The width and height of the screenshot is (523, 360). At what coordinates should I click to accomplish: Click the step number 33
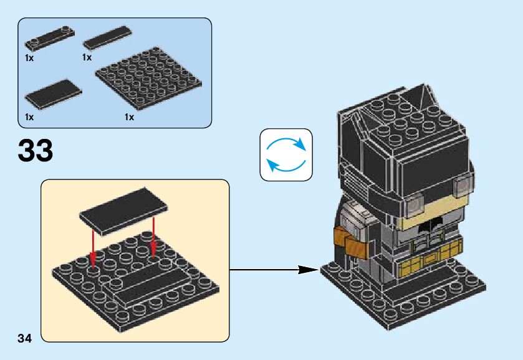(x=36, y=151)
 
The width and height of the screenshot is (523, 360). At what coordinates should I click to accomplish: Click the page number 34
(x=24, y=338)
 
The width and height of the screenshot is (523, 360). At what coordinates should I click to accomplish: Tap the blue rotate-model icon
(x=285, y=154)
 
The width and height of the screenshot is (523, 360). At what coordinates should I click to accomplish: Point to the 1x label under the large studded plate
(x=129, y=117)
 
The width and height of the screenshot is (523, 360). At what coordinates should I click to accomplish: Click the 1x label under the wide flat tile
(x=29, y=117)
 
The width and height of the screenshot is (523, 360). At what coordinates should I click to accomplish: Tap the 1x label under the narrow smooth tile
(x=87, y=57)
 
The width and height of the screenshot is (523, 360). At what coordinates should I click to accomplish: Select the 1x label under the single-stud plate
(x=29, y=57)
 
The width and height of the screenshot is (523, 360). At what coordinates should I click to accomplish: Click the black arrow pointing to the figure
(x=274, y=270)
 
